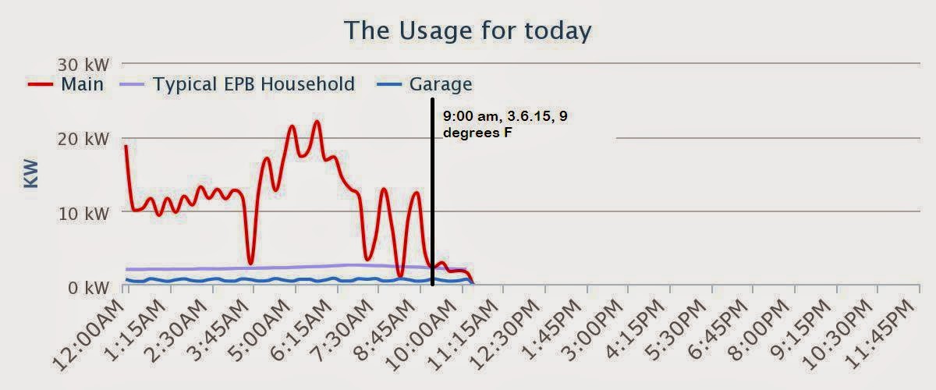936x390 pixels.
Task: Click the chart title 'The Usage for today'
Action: (467, 30)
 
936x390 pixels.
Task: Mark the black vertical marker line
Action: (432, 195)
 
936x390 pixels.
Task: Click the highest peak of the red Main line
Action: (317, 122)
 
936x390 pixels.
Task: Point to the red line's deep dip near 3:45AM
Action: (250, 263)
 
